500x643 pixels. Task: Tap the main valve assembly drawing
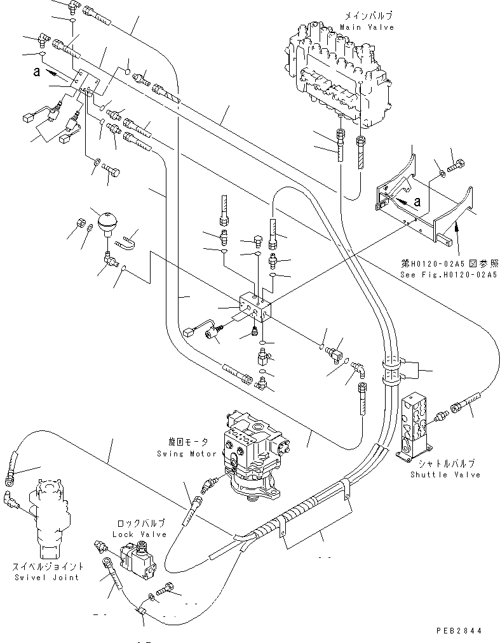point(337,76)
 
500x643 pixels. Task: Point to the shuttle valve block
point(417,422)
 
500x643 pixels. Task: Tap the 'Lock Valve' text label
point(140,534)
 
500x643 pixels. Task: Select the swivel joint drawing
point(48,517)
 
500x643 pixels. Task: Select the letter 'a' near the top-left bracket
point(37,72)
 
